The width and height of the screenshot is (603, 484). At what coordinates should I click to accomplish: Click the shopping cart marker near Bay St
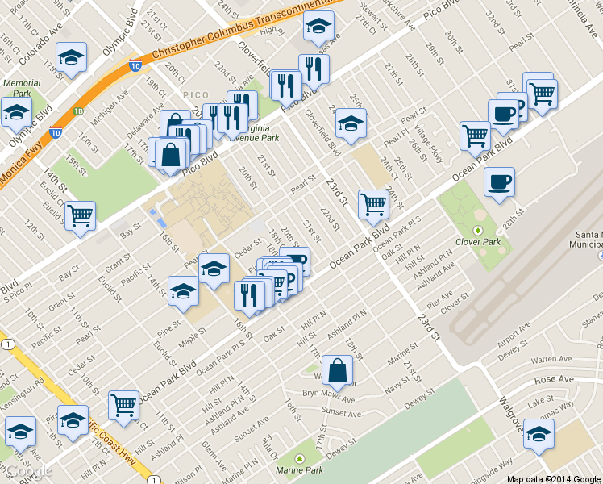(x=80, y=216)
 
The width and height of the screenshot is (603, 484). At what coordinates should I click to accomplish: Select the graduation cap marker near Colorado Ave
(x=72, y=56)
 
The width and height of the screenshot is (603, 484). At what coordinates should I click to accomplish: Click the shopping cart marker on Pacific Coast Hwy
(x=123, y=405)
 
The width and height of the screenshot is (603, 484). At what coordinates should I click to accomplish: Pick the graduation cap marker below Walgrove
(x=539, y=435)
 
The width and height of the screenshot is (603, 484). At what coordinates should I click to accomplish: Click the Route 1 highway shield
(x=7, y=344)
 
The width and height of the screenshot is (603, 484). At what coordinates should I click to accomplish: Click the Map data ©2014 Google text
(x=554, y=478)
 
